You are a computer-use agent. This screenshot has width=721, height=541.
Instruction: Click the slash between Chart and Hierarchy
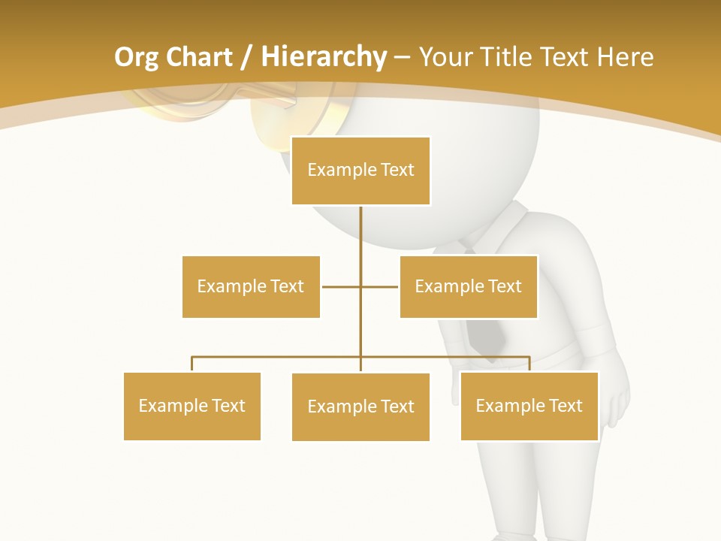[x=246, y=57]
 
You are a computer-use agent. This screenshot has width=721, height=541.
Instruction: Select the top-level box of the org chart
[x=360, y=171]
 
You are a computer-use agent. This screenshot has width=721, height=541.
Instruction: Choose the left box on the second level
[x=251, y=286]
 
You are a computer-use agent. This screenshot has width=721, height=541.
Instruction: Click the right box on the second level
[x=469, y=286]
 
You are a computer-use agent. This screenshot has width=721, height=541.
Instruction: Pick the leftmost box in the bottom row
[x=192, y=406]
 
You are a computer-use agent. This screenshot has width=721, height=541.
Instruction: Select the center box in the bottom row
[x=360, y=407]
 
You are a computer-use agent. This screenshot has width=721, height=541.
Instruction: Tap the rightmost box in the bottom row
[x=529, y=406]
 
